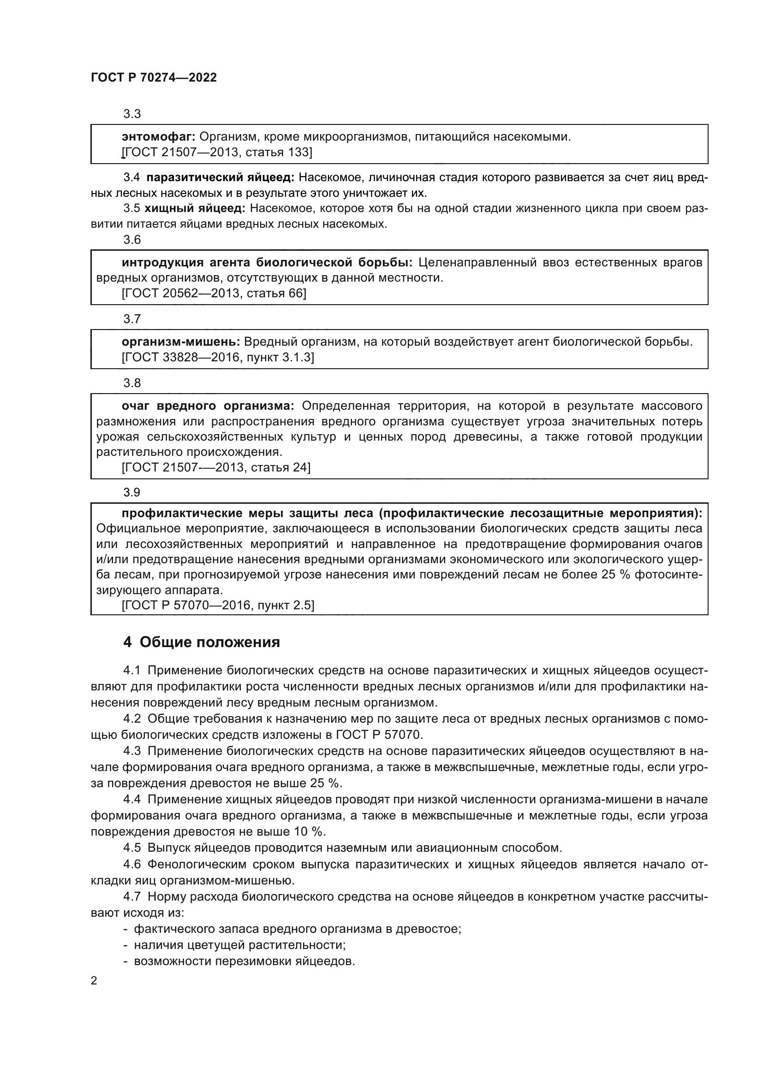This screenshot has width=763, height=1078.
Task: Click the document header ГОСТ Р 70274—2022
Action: (x=154, y=78)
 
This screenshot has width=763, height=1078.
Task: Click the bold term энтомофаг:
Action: (x=158, y=137)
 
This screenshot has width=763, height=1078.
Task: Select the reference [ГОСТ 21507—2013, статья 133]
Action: (x=217, y=152)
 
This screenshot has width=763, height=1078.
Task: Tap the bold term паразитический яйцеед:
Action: (x=221, y=177)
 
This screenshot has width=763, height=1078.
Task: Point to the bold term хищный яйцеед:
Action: (x=195, y=208)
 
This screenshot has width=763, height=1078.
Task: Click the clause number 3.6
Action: (x=132, y=240)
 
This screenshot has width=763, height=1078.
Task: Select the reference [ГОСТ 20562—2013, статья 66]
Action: (x=214, y=294)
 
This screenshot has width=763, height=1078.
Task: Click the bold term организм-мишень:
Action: (x=181, y=342)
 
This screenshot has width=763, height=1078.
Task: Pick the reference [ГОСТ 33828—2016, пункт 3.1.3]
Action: (x=218, y=357)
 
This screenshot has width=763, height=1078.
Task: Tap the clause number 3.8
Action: (x=132, y=383)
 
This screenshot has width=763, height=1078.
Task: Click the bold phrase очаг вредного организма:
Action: (x=208, y=406)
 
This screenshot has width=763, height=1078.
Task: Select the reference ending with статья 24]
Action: (x=215, y=468)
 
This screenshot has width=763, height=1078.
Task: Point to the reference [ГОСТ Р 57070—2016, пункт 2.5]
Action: (x=218, y=605)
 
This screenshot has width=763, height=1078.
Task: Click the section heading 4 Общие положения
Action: (x=202, y=642)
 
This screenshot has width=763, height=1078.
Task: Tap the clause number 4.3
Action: (x=132, y=751)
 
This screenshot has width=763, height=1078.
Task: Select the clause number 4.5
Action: (x=132, y=848)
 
